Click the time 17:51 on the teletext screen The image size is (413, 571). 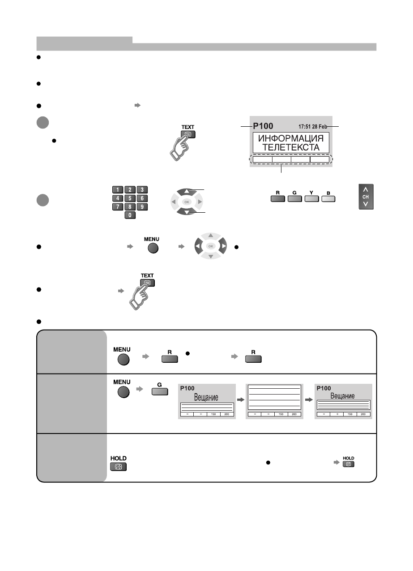[x=302, y=126]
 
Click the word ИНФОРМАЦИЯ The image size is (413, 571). [x=290, y=137]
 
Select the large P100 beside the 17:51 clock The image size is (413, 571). [x=264, y=126]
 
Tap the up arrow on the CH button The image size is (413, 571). [x=366, y=189]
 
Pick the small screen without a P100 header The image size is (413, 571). [x=274, y=401]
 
